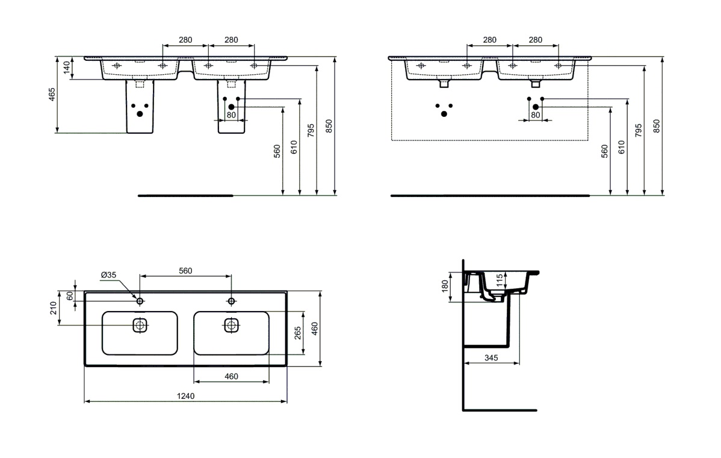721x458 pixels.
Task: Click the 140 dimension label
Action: pyautogui.click(x=67, y=67)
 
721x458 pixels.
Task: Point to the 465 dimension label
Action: pyautogui.click(x=52, y=95)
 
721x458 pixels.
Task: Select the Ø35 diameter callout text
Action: pyautogui.click(x=108, y=275)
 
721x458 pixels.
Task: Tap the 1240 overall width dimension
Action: pyautogui.click(x=185, y=396)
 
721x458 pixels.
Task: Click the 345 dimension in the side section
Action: pyautogui.click(x=491, y=357)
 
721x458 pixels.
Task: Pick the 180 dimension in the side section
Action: pyautogui.click(x=445, y=286)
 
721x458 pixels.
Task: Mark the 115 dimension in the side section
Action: pyautogui.click(x=500, y=281)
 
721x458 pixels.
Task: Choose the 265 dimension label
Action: pyautogui.click(x=297, y=333)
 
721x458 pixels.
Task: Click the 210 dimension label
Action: pyautogui.click(x=54, y=308)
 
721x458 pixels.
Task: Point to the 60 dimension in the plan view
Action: pyautogui.click(x=70, y=296)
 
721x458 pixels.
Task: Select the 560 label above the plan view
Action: pyautogui.click(x=185, y=271)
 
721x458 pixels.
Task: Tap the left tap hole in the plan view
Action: pyautogui.click(x=140, y=301)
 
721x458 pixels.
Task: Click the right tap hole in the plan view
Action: pyautogui.click(x=231, y=301)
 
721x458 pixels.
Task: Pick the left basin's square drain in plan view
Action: pyautogui.click(x=140, y=325)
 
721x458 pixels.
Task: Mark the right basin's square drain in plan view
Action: pyautogui.click(x=231, y=325)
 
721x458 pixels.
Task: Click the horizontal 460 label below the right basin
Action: pyautogui.click(x=231, y=377)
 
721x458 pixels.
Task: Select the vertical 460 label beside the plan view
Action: pyautogui.click(x=315, y=328)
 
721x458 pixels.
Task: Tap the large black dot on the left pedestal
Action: pyautogui.click(x=140, y=114)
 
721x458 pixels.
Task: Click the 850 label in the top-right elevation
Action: pyautogui.click(x=657, y=126)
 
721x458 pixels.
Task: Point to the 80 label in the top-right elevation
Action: pyautogui.click(x=535, y=115)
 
